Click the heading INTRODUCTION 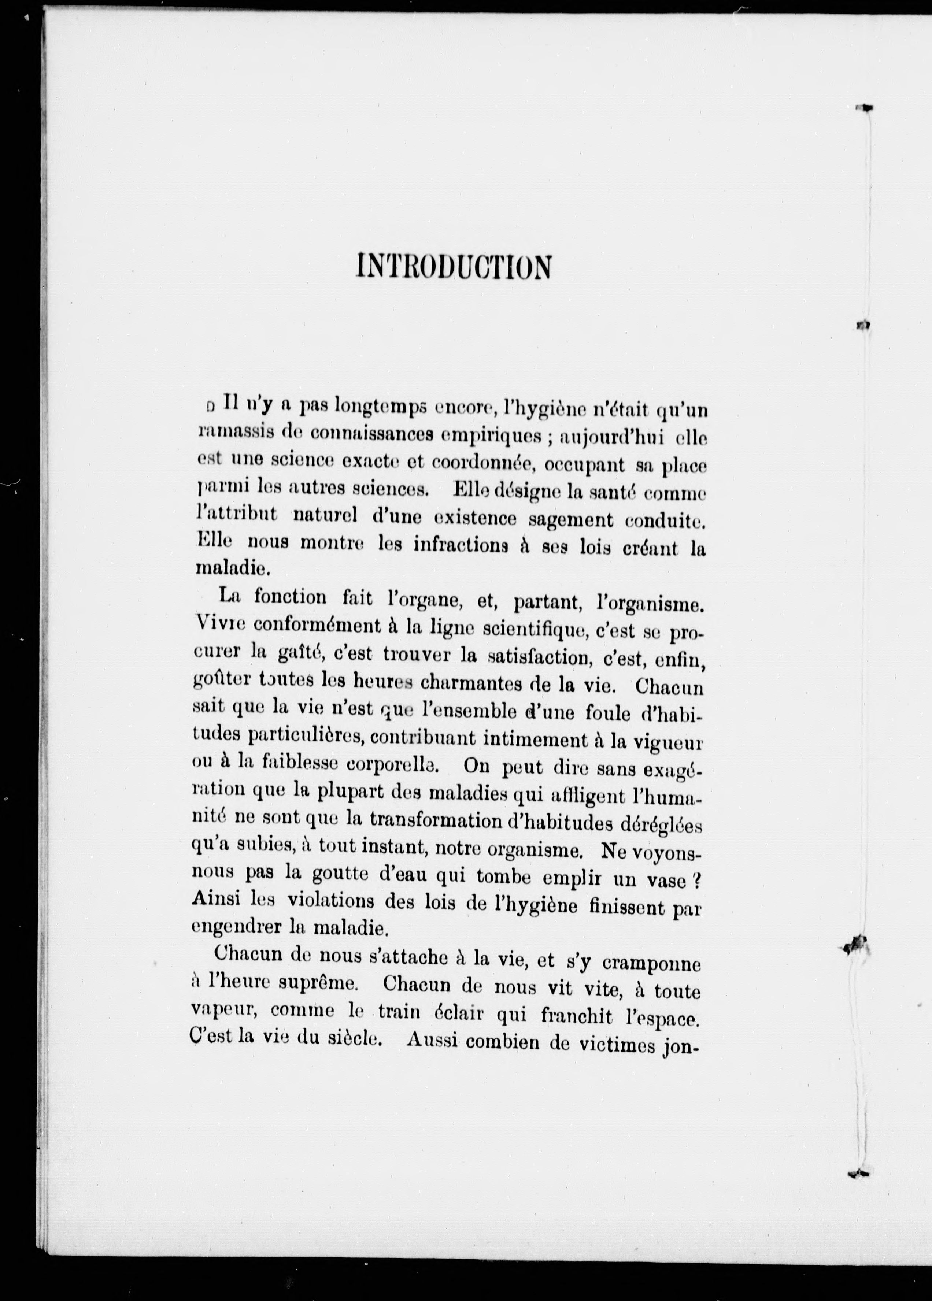pyautogui.click(x=454, y=266)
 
